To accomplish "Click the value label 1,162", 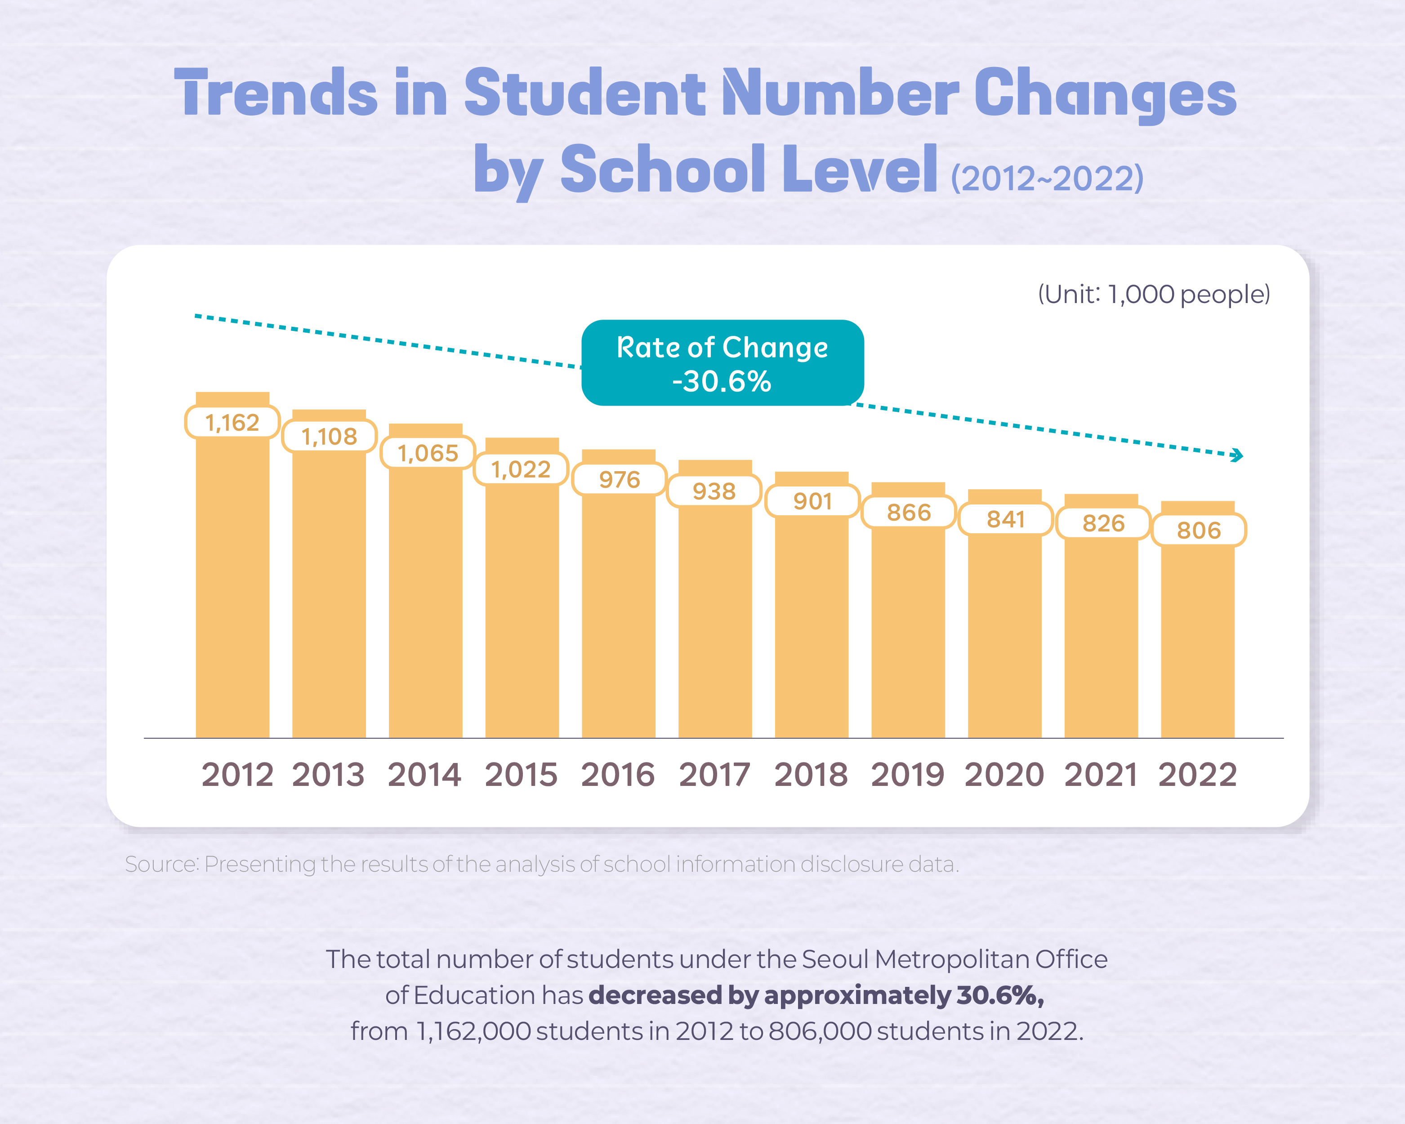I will [232, 422].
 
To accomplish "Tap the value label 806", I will [1199, 531].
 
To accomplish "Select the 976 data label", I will [619, 480].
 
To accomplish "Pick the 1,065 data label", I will [428, 453].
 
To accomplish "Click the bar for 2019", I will [908, 632].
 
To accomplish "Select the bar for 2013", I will [329, 593].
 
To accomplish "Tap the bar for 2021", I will [1101, 638].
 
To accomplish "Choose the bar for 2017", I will [715, 619].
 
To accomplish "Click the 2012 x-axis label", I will [237, 775].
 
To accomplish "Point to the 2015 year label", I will [521, 775].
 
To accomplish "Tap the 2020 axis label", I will [1004, 775].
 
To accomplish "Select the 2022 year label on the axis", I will [1197, 775].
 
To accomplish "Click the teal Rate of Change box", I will [722, 363].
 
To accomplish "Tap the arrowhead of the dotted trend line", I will [1236, 455].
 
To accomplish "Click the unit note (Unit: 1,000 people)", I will [1154, 294].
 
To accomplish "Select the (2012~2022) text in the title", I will [1047, 178].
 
